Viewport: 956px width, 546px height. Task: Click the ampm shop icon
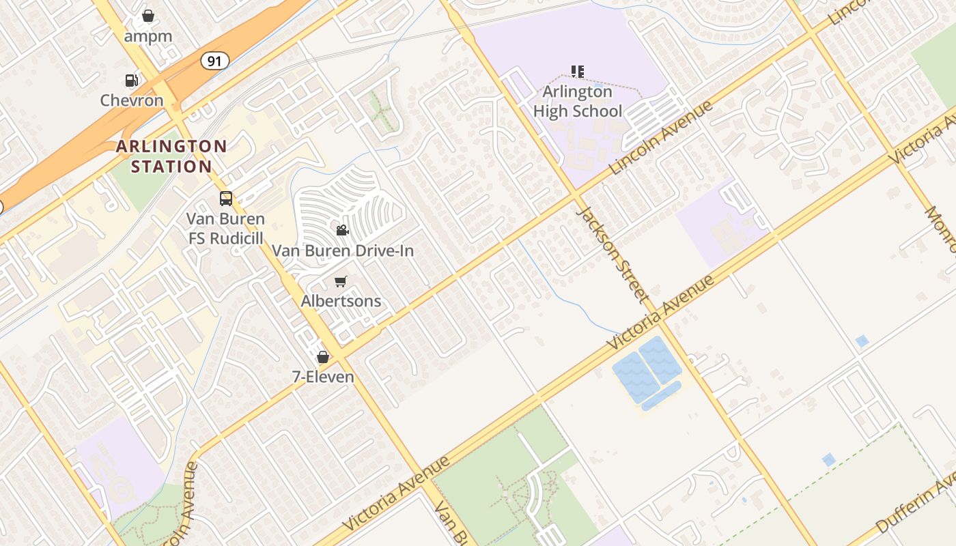click(148, 16)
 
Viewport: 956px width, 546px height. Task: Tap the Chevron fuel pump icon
click(131, 81)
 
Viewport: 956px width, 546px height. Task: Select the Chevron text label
click(132, 100)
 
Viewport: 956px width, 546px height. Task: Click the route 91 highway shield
click(214, 61)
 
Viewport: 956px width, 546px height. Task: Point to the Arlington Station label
click(171, 156)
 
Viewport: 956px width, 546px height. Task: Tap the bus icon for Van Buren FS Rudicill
click(225, 199)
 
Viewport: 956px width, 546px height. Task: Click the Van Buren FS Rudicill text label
click(225, 228)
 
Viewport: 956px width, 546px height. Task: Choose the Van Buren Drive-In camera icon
click(342, 231)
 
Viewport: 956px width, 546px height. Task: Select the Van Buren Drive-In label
click(343, 250)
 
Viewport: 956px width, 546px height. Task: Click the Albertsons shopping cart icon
click(341, 281)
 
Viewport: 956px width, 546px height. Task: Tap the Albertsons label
click(341, 301)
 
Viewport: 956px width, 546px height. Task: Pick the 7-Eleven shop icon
click(323, 357)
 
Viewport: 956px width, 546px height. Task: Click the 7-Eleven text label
click(323, 377)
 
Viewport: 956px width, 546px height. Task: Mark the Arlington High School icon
click(578, 71)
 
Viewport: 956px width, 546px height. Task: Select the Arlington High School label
click(578, 101)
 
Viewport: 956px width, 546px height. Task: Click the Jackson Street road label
click(611, 253)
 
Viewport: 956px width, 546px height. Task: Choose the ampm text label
click(148, 35)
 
